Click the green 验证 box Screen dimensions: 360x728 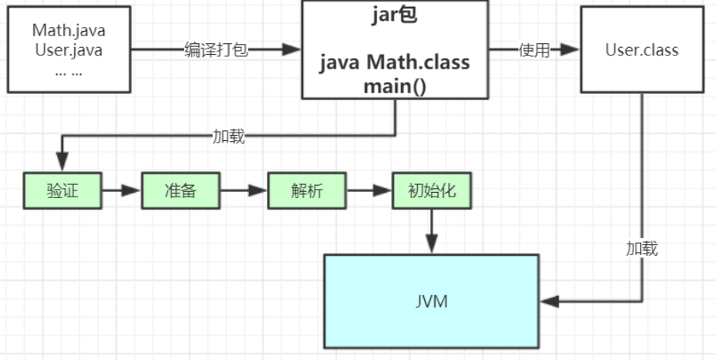62,190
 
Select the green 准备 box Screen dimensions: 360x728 180,190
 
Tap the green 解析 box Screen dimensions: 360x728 307,190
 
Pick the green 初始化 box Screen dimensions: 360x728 432,190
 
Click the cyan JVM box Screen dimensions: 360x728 430,301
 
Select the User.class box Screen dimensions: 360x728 642,50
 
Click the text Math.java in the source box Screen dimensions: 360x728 69,32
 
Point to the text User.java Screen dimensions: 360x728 69,50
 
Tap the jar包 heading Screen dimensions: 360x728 395,17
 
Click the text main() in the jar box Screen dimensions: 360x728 395,84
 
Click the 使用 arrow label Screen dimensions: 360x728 534,50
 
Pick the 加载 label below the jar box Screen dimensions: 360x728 229,136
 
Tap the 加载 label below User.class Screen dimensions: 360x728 642,249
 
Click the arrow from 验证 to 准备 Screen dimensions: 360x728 121,190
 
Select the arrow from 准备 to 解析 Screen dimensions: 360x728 244,190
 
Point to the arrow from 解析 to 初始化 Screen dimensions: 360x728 369,190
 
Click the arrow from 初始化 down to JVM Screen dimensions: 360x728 432,230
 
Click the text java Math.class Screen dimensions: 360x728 395,62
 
